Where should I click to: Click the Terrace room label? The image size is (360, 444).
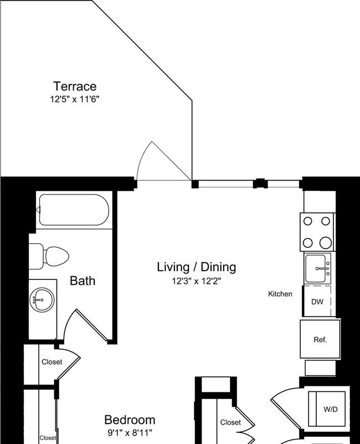pyautogui.click(x=75, y=86)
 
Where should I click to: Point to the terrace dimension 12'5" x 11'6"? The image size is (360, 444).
pyautogui.click(x=75, y=99)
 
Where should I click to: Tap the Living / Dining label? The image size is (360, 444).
pyautogui.click(x=197, y=267)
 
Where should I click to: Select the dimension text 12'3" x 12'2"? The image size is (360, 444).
pyautogui.click(x=197, y=281)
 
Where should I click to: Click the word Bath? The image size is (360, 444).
pyautogui.click(x=83, y=280)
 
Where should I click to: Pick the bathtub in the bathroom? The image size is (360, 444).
pyautogui.click(x=74, y=210)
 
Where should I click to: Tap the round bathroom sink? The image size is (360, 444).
pyautogui.click(x=42, y=299)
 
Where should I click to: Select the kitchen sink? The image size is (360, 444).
pyautogui.click(x=317, y=268)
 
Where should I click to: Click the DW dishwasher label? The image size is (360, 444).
pyautogui.click(x=317, y=302)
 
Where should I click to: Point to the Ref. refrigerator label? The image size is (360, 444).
pyautogui.click(x=320, y=339)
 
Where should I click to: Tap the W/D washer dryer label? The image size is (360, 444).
pyautogui.click(x=331, y=409)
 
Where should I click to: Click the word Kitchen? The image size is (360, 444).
pyautogui.click(x=280, y=294)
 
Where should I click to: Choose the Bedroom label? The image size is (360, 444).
pyautogui.click(x=130, y=420)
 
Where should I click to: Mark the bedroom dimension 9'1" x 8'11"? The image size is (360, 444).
pyautogui.click(x=130, y=433)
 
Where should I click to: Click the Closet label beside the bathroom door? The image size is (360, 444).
pyautogui.click(x=52, y=362)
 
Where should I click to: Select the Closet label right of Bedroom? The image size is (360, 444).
pyautogui.click(x=230, y=422)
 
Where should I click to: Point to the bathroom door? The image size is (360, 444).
pyautogui.click(x=92, y=325)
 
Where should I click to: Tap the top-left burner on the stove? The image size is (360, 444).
pyautogui.click(x=307, y=221)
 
